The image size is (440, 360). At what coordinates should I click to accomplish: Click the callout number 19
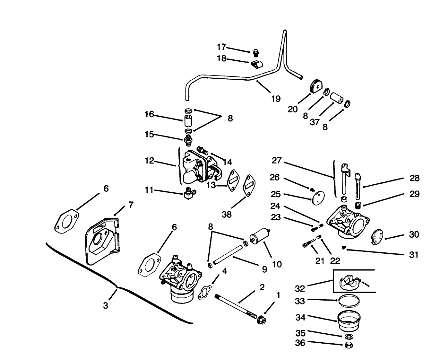[x=276, y=99]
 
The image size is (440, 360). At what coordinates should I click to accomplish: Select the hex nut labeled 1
[x=261, y=320]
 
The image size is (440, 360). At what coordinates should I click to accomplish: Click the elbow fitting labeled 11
[x=190, y=193]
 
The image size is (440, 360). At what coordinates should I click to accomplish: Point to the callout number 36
[x=300, y=343]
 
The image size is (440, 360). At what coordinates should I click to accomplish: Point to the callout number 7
[x=131, y=205]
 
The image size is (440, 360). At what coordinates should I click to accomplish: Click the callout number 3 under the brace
[x=106, y=305]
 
